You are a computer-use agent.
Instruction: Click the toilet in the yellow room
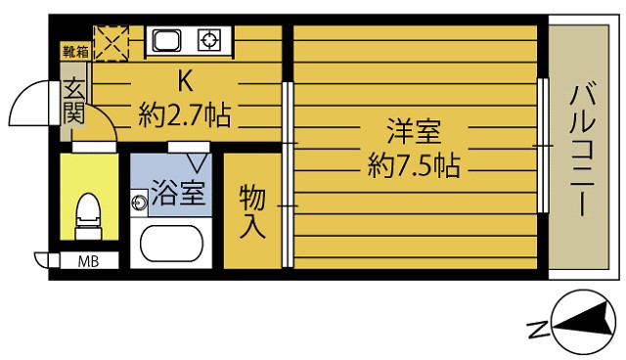88,216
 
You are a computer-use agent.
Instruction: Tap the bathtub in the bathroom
172,243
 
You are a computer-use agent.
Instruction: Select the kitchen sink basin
166,41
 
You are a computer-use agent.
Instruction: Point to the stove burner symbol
209,41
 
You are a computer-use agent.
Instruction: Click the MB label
88,262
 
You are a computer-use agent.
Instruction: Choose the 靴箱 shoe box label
75,52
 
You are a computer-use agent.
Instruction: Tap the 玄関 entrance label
74,102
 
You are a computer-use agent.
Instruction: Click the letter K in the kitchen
185,81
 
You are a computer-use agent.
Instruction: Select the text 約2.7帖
185,114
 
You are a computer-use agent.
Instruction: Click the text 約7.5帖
414,165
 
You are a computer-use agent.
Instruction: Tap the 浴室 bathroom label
178,193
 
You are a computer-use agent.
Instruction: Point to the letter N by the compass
537,329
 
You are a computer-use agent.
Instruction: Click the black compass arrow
583,320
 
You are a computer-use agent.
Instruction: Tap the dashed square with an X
112,43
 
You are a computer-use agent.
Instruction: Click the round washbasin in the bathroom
139,202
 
